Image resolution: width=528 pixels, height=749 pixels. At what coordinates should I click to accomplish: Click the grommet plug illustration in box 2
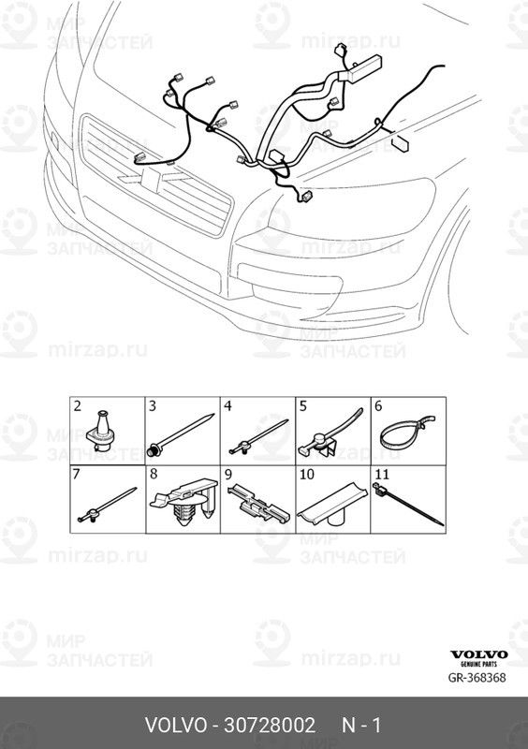point(101,431)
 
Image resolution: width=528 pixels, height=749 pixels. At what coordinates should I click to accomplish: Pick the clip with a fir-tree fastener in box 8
point(185,503)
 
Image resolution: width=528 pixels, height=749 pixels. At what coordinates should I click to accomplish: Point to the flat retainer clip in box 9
point(259,504)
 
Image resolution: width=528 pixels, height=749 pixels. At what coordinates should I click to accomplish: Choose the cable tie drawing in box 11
point(407,504)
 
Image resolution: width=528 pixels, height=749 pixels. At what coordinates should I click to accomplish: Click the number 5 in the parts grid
point(303,406)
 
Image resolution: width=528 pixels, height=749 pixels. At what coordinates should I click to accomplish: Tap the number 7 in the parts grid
point(77,475)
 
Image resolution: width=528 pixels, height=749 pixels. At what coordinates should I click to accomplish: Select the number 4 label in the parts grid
point(227,406)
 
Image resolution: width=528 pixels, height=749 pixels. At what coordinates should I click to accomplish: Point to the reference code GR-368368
point(477,677)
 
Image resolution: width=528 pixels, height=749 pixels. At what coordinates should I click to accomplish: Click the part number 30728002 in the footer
point(270,725)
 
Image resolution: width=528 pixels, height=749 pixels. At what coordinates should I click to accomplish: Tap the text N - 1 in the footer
point(361,725)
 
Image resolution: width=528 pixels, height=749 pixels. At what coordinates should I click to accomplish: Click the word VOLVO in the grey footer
point(176,725)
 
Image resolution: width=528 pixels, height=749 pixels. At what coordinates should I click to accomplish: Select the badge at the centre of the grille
point(152,181)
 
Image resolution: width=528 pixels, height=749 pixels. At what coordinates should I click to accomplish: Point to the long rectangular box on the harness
point(365,68)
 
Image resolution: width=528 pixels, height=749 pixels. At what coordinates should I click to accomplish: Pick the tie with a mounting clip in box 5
point(330,434)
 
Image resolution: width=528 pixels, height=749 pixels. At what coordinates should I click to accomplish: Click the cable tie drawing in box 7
point(107,505)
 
